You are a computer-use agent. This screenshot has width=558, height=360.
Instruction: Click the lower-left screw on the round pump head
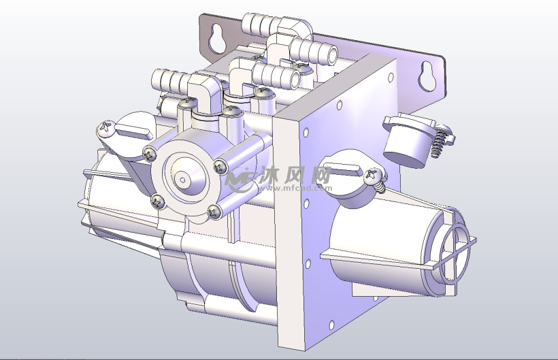coord(157,200)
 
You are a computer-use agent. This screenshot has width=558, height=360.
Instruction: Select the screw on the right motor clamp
coord(374,176)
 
